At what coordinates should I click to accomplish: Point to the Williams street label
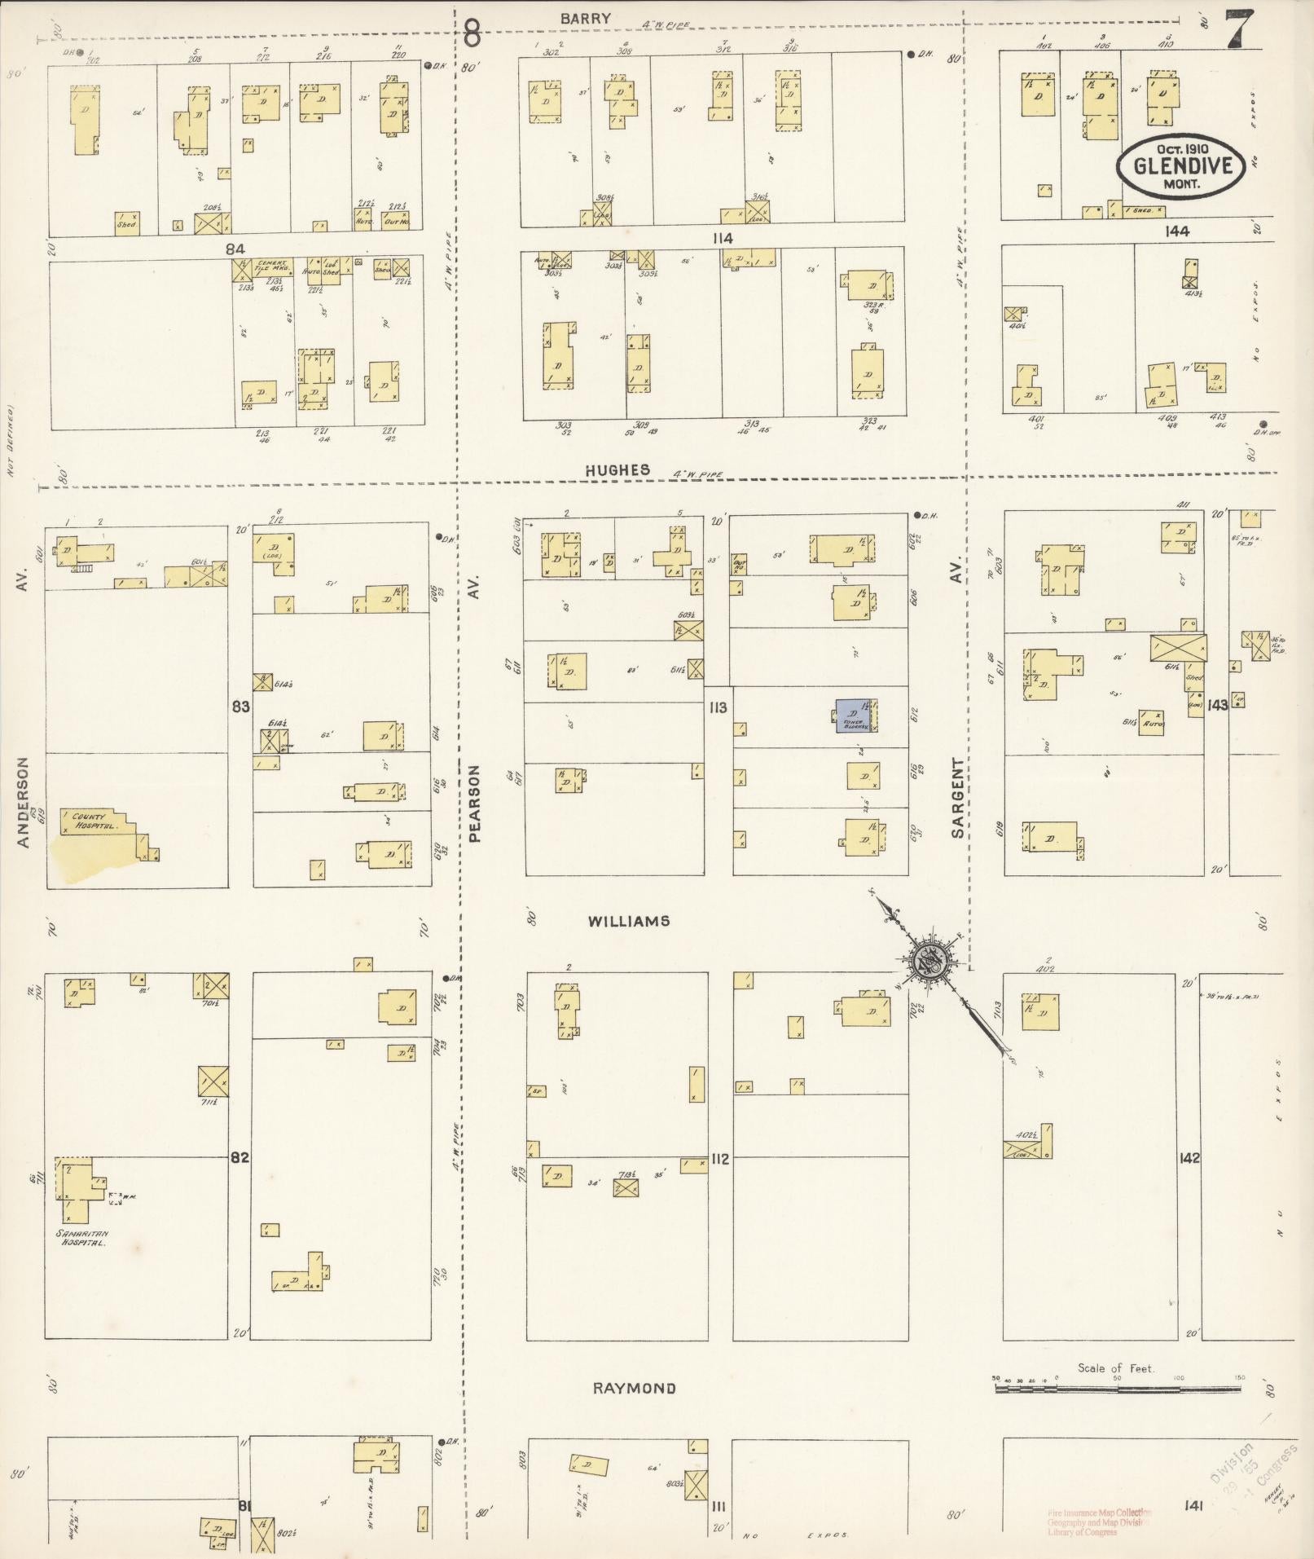[628, 921]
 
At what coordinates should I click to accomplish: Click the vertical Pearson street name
[477, 801]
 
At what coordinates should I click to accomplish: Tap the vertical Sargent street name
[958, 798]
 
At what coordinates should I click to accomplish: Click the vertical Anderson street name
[23, 802]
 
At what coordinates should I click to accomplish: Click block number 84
[236, 247]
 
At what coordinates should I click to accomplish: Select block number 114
[721, 238]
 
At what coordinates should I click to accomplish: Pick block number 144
[1176, 231]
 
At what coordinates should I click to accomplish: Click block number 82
[239, 1157]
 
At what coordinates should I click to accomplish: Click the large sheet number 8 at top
[472, 34]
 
